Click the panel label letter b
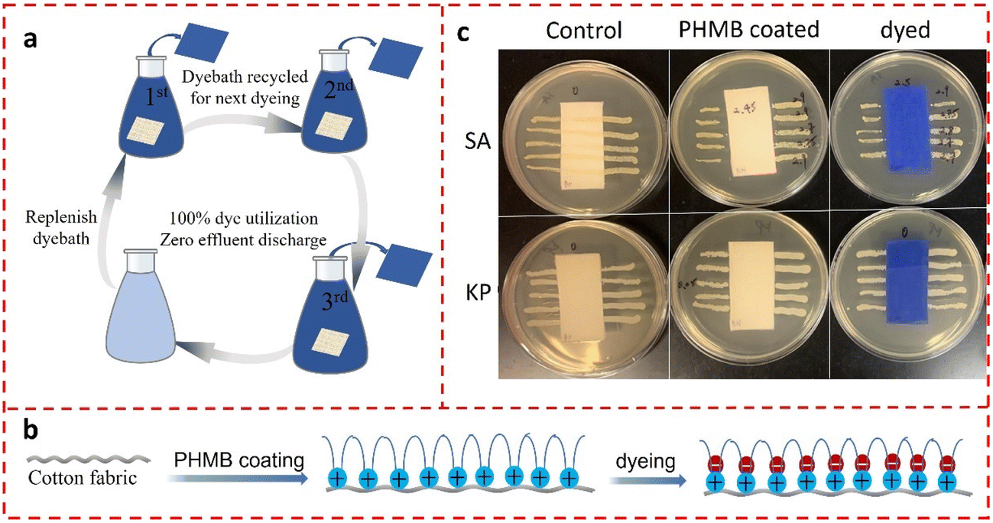click(x=31, y=431)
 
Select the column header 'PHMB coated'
click(x=748, y=31)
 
